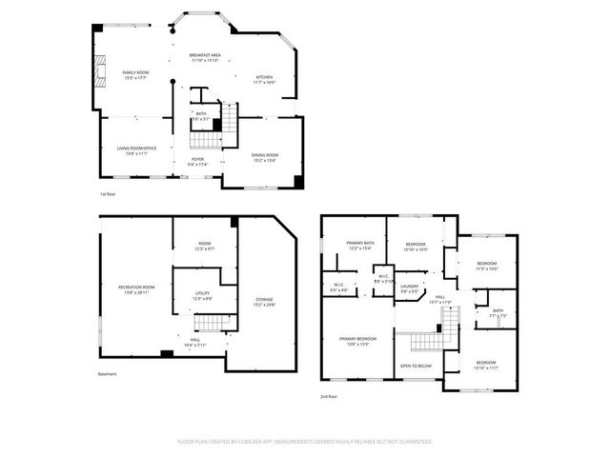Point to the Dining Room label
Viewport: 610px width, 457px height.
pos(265,158)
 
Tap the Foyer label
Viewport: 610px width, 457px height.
pos(197,162)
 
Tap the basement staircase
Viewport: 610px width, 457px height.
pos(214,325)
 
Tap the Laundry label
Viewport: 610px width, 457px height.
pos(410,288)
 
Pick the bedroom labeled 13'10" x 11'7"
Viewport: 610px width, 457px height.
pos(486,365)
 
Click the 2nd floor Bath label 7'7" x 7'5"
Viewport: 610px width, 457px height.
pos(498,312)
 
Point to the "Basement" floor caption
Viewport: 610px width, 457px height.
pos(108,374)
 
